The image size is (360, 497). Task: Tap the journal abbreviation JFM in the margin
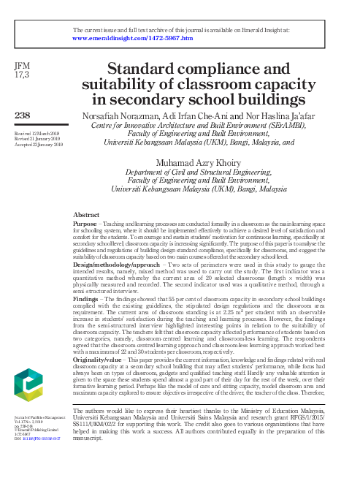pyautogui.click(x=22, y=67)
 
